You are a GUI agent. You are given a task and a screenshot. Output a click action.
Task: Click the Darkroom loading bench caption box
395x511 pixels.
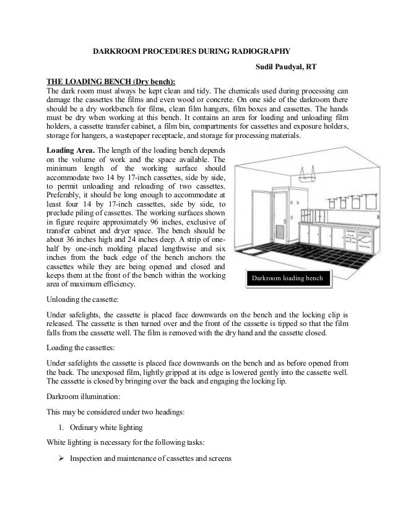click(287, 280)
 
